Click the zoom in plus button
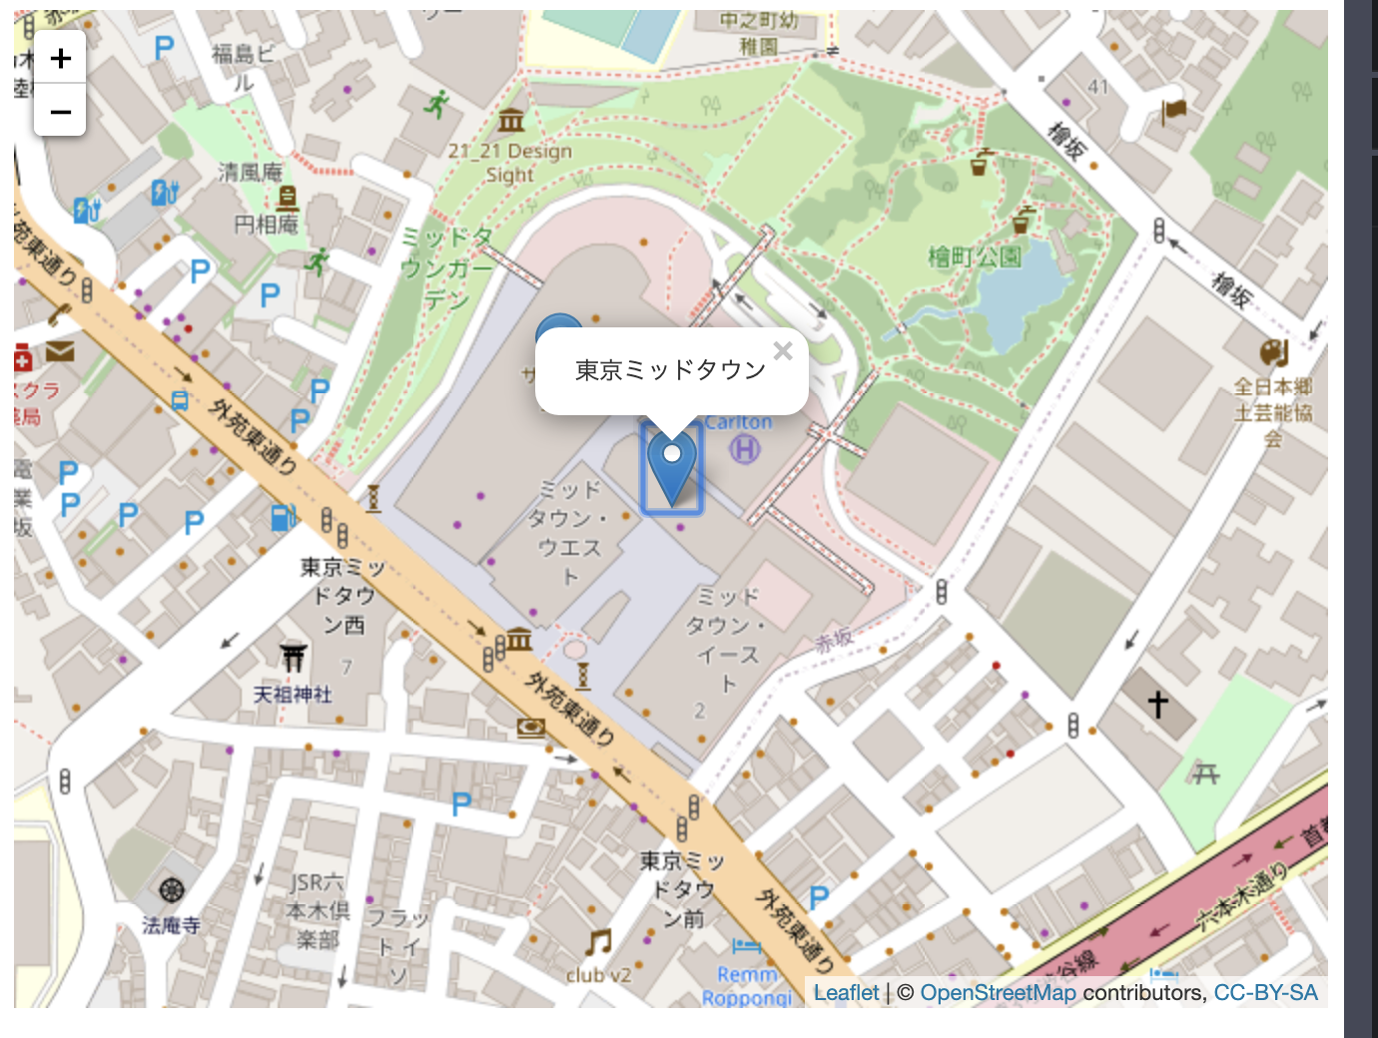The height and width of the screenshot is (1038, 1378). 60,58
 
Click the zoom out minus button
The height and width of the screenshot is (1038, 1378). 60,111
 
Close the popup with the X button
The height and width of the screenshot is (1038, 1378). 783,350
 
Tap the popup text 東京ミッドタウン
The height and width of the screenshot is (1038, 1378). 670,370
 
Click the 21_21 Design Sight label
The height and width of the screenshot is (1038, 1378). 510,163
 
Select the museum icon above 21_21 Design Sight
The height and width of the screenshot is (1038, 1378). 511,121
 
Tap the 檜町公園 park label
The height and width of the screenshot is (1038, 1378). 975,257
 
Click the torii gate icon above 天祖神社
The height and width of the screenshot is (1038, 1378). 293,657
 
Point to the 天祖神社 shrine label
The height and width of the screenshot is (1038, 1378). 293,694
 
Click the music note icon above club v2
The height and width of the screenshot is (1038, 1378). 598,941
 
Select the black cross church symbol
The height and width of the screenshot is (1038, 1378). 1157,705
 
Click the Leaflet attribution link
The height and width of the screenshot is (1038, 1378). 846,993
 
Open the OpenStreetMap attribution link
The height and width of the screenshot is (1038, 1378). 998,993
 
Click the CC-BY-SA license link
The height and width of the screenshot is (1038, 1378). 1265,993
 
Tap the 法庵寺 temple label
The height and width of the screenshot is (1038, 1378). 171,925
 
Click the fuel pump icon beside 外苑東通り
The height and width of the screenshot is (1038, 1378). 284,517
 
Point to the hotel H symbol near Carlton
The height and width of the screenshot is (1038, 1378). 744,450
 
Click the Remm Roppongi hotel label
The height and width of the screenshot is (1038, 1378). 747,986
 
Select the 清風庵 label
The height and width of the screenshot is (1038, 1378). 251,172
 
